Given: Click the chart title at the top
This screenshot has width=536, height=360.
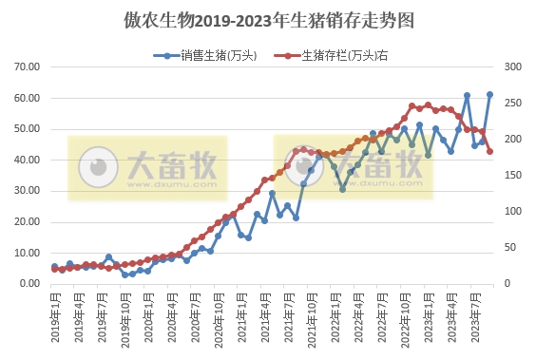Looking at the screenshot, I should (268, 20).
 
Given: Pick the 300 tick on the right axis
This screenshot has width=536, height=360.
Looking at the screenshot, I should (513, 67).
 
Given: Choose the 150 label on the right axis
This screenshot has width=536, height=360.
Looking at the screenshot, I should (513, 176).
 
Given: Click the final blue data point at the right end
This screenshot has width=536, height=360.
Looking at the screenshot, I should (490, 94).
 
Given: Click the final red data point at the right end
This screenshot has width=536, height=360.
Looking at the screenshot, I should (490, 151).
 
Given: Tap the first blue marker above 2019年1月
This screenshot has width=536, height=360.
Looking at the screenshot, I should (54, 267).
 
